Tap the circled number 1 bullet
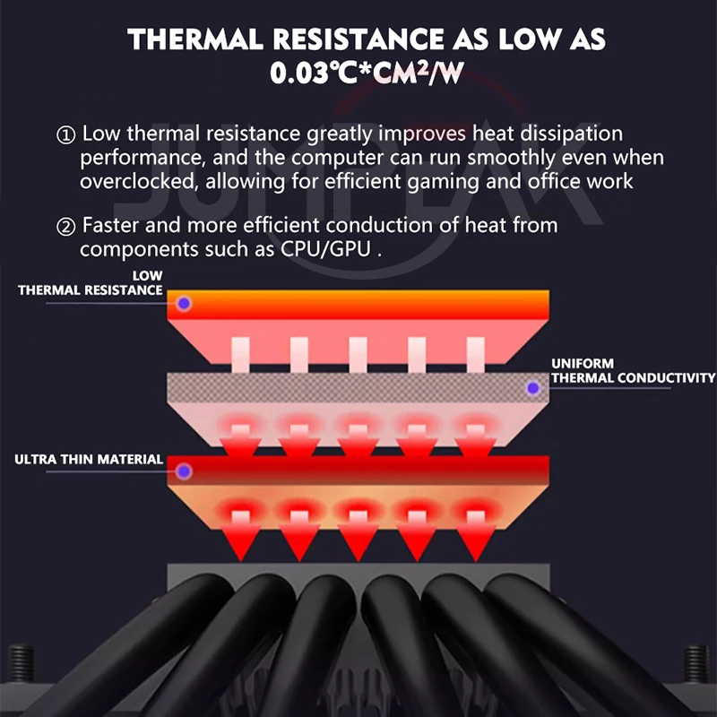coord(65,135)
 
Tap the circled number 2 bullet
coord(65,227)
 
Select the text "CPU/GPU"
coord(325,249)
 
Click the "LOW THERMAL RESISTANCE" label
coord(91,283)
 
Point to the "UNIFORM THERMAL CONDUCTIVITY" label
coord(634,371)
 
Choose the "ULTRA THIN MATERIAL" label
coord(89,460)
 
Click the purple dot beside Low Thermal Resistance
coord(184,303)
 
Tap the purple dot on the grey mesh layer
coord(532,388)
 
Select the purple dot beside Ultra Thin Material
coord(184,471)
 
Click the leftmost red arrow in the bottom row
coord(240,536)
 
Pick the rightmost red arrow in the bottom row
coord(476,536)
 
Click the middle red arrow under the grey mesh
coord(358,441)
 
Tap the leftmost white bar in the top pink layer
coord(240,355)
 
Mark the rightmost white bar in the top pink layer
coord(476,355)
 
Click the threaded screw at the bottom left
coord(21,663)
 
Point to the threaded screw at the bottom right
coord(695,663)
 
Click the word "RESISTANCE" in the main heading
coord(358,39)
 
